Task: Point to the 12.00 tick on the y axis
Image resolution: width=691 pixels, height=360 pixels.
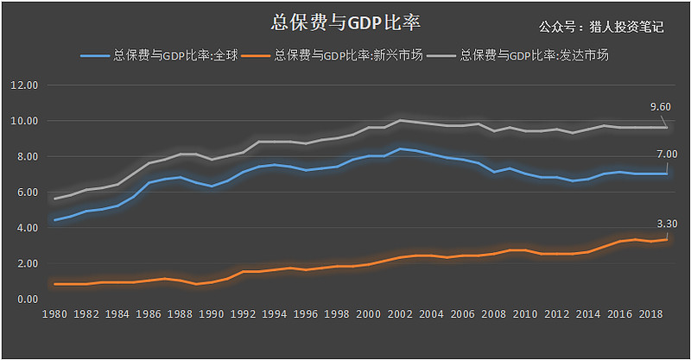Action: (23, 85)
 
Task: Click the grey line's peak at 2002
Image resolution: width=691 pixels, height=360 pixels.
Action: (400, 120)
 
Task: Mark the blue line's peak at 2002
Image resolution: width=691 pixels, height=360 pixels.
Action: (400, 148)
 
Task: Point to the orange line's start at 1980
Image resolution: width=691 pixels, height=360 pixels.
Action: (56, 284)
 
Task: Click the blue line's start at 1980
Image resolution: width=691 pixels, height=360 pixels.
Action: (56, 220)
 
